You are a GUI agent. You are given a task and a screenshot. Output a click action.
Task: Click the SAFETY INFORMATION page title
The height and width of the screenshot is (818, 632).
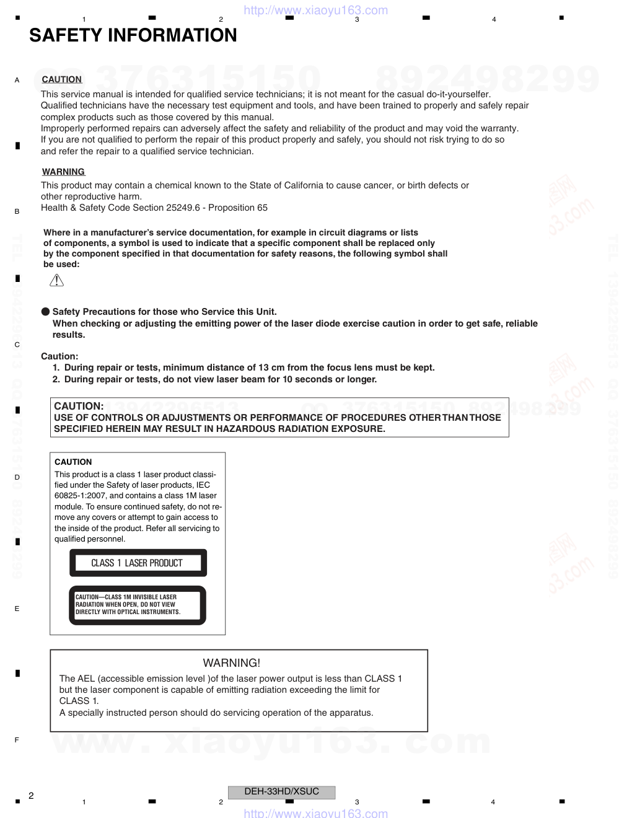coord(133,36)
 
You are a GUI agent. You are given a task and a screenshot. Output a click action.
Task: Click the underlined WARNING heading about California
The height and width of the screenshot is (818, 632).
coord(63,172)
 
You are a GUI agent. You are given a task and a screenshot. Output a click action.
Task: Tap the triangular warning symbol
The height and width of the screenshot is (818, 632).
coord(56,281)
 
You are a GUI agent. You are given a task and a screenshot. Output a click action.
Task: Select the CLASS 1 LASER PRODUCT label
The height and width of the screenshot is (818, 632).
coord(137,563)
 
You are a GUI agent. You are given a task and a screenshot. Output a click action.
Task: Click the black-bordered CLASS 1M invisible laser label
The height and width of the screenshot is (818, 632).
coord(137,605)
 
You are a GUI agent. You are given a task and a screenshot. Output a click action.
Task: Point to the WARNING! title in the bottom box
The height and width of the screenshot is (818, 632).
coord(232,662)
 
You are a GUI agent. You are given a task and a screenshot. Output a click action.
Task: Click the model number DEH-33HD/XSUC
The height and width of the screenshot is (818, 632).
coord(281,791)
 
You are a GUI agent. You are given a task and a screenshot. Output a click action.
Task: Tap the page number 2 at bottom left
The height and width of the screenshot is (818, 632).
coord(31,795)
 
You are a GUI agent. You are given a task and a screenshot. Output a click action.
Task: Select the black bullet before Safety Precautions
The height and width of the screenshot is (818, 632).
coord(45,312)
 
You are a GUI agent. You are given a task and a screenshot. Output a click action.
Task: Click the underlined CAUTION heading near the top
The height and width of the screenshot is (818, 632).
coord(61,79)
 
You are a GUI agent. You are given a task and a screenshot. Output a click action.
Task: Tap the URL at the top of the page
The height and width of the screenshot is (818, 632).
coord(315,10)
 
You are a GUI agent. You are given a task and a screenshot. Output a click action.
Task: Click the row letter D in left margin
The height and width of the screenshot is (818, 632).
coord(17,477)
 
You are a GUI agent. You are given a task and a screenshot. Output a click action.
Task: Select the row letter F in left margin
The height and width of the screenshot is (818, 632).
coord(17,740)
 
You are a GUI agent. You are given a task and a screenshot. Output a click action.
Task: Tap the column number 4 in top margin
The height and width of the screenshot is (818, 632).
coord(494,20)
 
